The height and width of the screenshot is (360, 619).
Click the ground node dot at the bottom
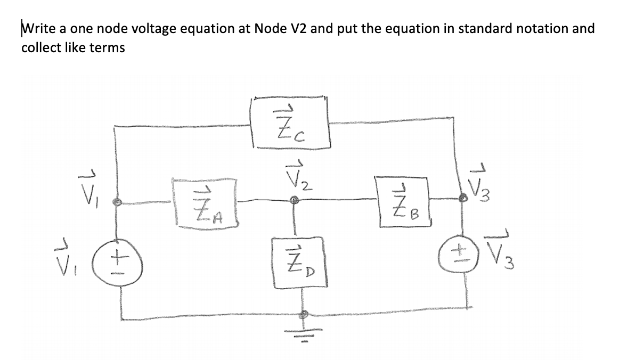305,315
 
